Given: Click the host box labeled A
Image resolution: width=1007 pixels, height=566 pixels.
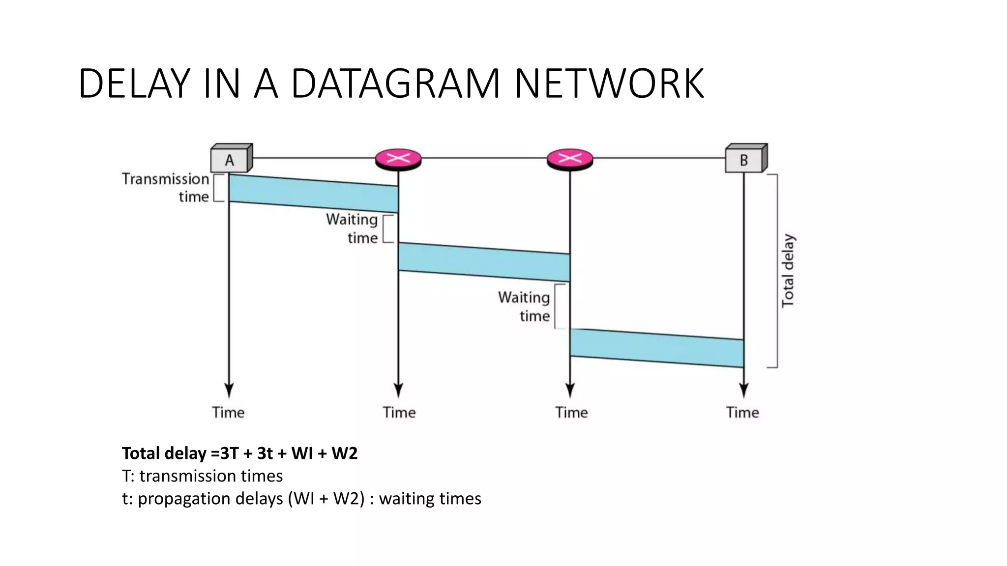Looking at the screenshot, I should coord(230,159).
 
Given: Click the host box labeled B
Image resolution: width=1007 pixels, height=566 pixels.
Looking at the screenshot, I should coord(744,159).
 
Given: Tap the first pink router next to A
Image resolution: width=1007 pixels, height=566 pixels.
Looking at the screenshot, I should coord(398,159).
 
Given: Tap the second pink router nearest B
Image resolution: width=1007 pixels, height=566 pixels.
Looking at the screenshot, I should coord(570,159).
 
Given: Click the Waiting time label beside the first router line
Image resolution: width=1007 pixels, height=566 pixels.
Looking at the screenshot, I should coord(352,228).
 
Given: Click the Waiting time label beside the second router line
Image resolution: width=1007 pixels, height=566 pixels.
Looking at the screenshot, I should coord(524,307).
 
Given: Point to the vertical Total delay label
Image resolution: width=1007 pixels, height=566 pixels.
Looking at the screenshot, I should coord(788,271).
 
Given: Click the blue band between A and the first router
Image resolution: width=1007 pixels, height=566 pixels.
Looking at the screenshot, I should coord(314,194).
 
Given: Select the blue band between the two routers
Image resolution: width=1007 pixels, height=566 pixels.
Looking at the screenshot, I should coord(484,262).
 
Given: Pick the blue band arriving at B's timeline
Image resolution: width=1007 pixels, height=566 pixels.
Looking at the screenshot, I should coord(657,348).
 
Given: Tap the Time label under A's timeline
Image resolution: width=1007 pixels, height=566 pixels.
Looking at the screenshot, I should coord(228,412).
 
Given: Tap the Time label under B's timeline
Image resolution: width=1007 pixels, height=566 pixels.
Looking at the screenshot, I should coord(742,412).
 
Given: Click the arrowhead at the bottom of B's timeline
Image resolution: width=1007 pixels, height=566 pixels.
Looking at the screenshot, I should coord(744,390).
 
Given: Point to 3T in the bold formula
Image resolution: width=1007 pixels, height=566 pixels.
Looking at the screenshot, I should coord(229,453).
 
